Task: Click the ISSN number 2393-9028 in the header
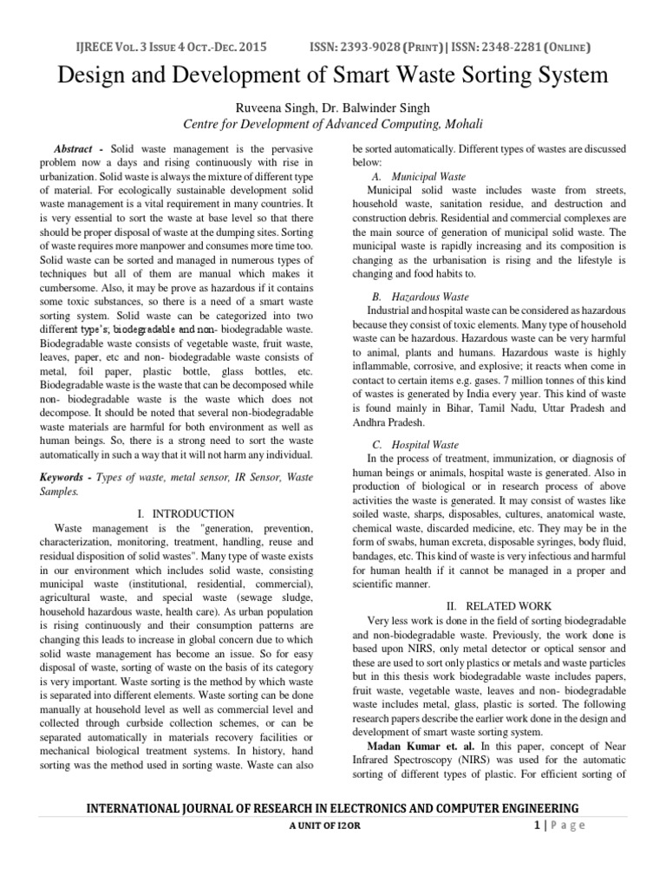[393, 46]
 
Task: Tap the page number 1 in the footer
[538, 826]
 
